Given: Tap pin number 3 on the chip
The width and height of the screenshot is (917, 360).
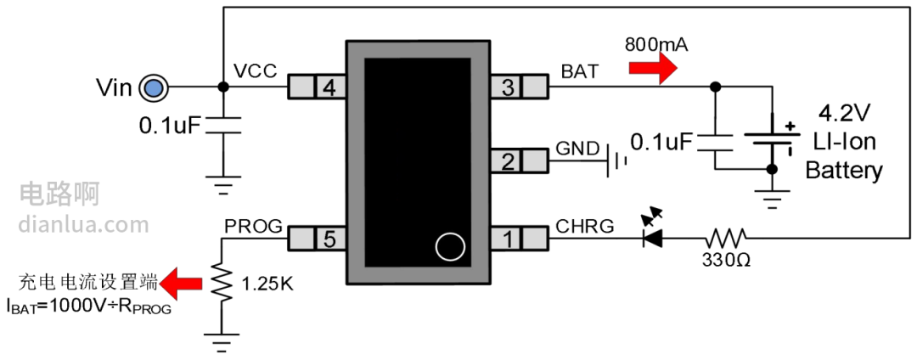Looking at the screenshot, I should coord(507,87).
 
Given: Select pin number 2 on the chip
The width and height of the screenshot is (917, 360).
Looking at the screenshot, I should coord(507,160).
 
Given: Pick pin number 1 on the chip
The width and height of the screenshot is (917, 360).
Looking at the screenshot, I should coord(507,239).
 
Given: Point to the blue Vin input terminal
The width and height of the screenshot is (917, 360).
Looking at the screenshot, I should coord(153,87).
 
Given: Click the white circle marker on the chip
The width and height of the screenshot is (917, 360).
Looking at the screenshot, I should coord(449,246).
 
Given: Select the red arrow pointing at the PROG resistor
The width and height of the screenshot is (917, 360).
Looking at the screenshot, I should coord(181,280).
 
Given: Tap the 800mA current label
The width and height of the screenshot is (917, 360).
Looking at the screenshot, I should coord(655,44).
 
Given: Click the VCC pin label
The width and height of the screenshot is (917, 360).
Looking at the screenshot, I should coord(255,71).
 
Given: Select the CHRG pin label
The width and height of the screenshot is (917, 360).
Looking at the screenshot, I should coord(584,226).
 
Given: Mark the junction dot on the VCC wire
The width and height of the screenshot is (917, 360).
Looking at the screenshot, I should coord(222,87).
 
